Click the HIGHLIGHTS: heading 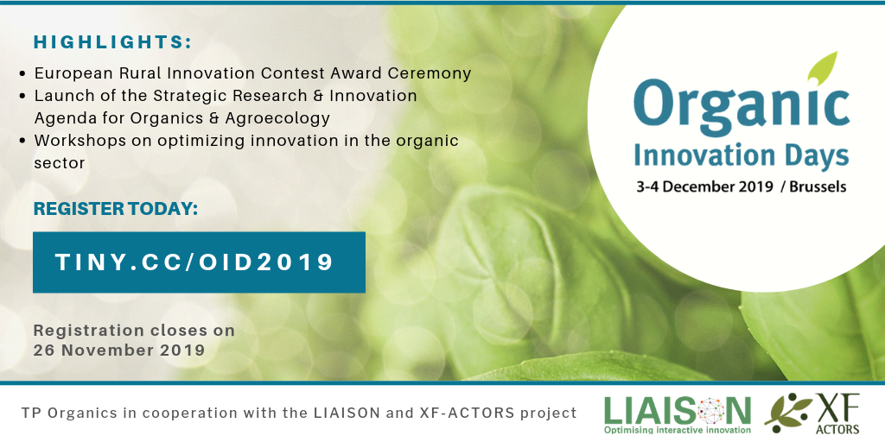click(113, 42)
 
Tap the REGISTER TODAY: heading click(116, 209)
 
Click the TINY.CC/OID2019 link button click(199, 262)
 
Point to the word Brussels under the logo click(818, 186)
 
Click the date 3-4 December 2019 click(704, 186)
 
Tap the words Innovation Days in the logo click(741, 155)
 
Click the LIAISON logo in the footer click(678, 414)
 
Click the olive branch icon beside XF click(788, 414)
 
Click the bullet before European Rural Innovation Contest click(22, 74)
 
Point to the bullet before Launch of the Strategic click(22, 97)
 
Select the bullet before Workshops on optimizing click(22, 141)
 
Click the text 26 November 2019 click(119, 350)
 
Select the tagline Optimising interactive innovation click(678, 430)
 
